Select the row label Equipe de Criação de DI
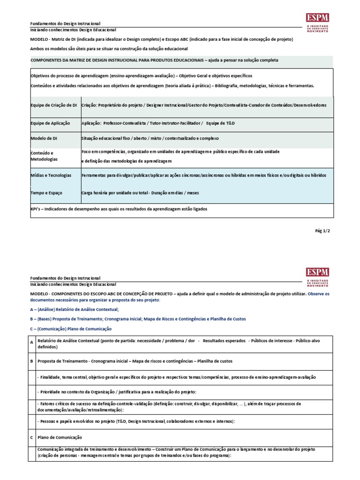[x=53, y=105]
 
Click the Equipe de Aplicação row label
[x=50, y=123]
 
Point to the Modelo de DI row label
[x=45, y=139]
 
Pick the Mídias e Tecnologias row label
[x=51, y=175]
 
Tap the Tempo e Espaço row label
[x=46, y=193]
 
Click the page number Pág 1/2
[x=322, y=231]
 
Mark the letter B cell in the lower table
[x=31, y=361]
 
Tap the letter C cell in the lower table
[x=31, y=437]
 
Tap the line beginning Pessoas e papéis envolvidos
[x=136, y=421]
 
